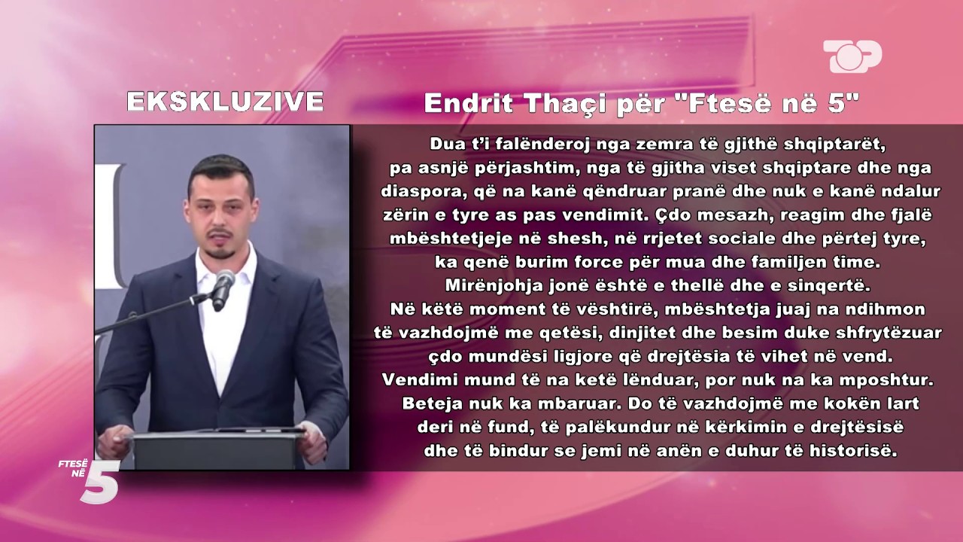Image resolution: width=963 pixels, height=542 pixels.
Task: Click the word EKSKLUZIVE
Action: [x=225, y=102]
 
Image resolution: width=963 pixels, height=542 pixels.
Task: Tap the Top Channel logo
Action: [x=852, y=56]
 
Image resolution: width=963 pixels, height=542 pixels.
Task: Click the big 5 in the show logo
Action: [x=100, y=482]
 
